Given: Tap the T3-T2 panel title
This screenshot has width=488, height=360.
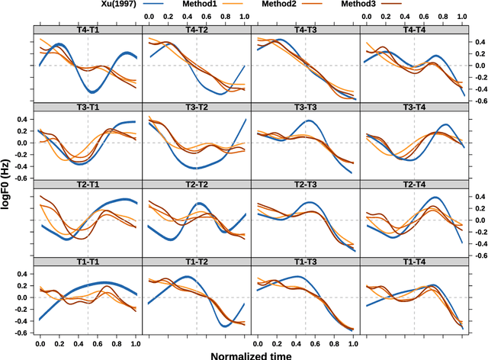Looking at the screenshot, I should [x=196, y=107].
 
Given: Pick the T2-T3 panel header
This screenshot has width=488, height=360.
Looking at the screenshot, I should [x=305, y=185].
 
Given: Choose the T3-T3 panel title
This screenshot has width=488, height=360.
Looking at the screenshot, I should [x=305, y=107].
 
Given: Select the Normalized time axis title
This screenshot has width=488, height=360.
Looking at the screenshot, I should [x=251, y=354].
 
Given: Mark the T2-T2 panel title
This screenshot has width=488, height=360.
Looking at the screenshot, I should [x=196, y=185].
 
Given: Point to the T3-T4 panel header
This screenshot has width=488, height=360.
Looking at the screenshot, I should [x=413, y=107].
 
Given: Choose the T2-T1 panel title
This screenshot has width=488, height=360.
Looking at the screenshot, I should [x=88, y=185].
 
